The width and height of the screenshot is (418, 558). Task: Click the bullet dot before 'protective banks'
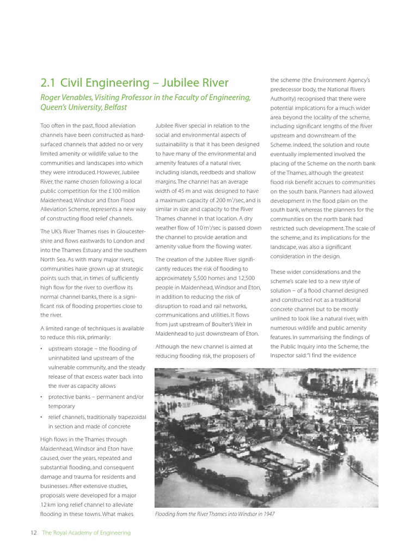point(42,397)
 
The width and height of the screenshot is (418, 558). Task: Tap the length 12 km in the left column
point(48,505)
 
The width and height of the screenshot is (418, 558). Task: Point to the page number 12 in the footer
point(33,532)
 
